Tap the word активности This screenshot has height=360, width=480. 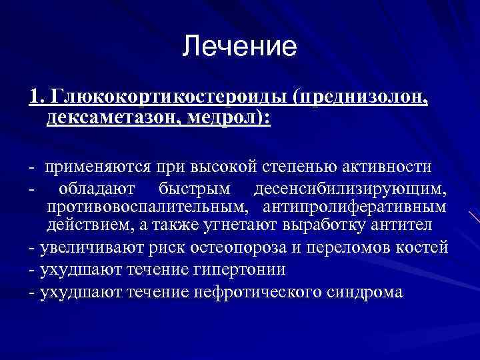coord(386,166)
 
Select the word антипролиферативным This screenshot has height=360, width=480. coord(355,207)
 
